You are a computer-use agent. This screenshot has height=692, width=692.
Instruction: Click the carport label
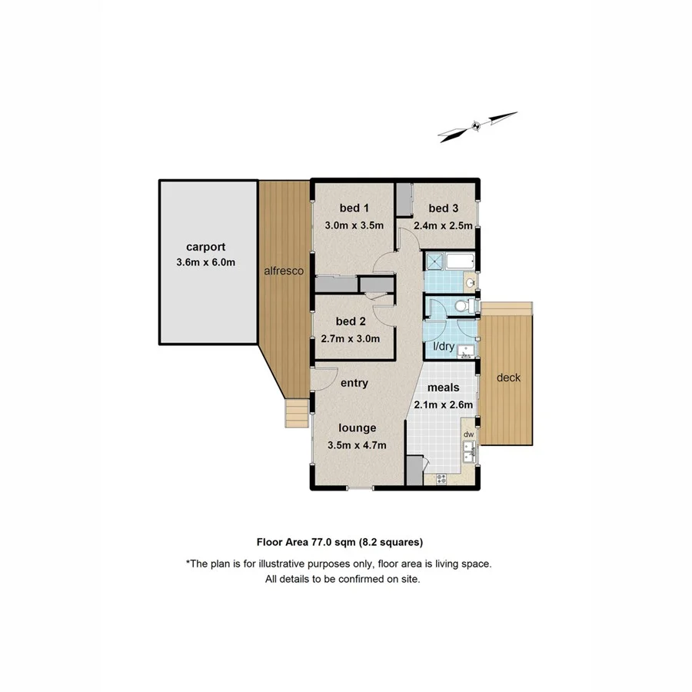[x=206, y=248]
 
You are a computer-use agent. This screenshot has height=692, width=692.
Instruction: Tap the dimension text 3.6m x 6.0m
[x=205, y=263]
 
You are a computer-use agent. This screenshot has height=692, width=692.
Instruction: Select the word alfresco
[x=285, y=271]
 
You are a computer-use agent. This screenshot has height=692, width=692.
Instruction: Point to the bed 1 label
[x=354, y=208]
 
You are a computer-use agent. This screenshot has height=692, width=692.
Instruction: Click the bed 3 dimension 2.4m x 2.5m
[x=443, y=226]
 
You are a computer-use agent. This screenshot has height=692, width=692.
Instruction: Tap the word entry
[x=354, y=383]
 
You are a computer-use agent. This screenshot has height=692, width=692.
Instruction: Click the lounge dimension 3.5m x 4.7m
[x=356, y=444]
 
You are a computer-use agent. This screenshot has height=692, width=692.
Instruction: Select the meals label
[x=444, y=388]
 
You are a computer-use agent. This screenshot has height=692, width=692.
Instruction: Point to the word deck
[x=508, y=378]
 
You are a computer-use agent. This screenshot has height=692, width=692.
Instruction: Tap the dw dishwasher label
[x=467, y=435]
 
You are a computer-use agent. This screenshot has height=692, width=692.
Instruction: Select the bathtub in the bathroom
[x=461, y=261]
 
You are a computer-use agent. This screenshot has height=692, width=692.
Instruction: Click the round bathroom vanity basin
[x=471, y=284]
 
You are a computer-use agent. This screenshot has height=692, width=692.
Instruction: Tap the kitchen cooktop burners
[x=441, y=478]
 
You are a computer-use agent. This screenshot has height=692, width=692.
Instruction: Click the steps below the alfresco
[x=296, y=414]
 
